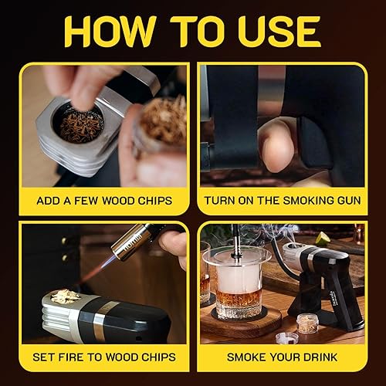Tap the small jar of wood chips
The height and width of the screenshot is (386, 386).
(309, 322)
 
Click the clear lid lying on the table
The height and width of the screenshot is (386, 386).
(287, 337)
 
